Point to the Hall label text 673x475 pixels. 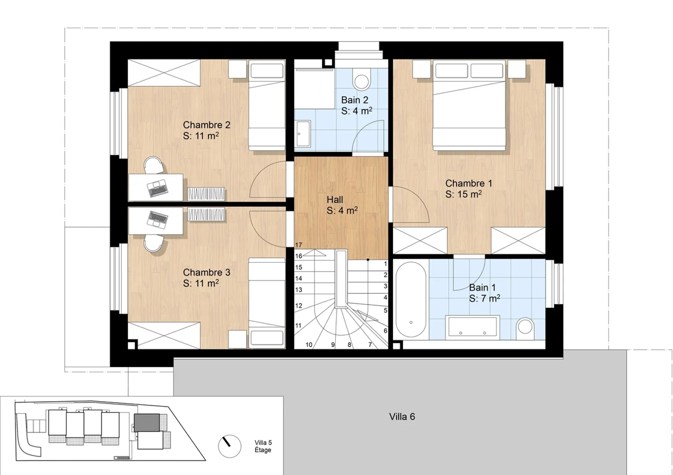[x=335, y=200]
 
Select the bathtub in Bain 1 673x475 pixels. [x=411, y=299]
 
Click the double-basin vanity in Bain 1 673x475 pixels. [x=473, y=327]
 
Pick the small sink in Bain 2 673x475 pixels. [x=303, y=133]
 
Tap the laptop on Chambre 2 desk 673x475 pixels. [x=158, y=188]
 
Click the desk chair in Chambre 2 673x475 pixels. [x=154, y=165]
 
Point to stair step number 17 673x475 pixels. [x=299, y=245]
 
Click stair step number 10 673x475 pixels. [x=309, y=345]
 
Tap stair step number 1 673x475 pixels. [x=385, y=264]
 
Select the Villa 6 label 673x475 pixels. [x=402, y=417]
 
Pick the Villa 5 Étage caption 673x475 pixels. [x=263, y=446]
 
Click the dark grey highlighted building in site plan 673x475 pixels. [x=147, y=422]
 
